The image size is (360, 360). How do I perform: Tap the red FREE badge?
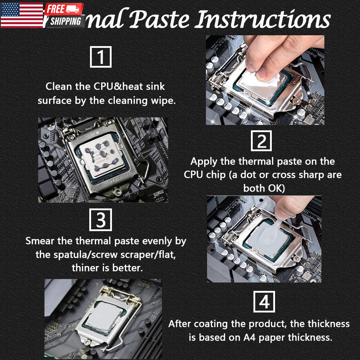[x=57, y=9]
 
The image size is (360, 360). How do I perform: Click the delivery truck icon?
[x=75, y=9]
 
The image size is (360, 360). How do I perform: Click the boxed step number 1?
[x=100, y=57]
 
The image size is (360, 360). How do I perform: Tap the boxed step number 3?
[x=100, y=220]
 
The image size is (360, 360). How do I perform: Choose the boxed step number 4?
[x=264, y=302]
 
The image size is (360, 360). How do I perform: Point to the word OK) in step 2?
[x=274, y=188]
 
